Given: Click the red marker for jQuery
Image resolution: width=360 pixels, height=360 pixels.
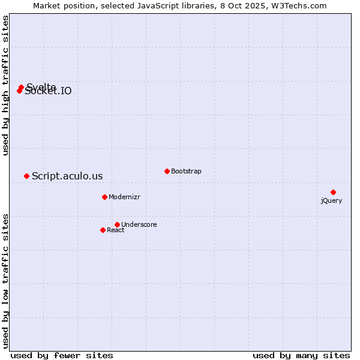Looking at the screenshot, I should [333, 192].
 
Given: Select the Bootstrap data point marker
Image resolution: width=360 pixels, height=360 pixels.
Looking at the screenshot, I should [167, 171].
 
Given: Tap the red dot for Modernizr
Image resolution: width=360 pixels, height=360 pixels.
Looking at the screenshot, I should [104, 197].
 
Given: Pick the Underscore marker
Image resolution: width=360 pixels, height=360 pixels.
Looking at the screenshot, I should [117, 224].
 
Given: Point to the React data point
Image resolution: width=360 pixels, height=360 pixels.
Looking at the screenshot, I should [103, 230].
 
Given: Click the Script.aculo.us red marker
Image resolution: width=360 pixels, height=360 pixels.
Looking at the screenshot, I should [26, 176].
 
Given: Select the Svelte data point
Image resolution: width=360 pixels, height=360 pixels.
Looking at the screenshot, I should [21, 88].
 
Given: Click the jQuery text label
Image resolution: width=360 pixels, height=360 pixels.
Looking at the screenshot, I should [331, 200].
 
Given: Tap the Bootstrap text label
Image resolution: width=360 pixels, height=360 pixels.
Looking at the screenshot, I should [186, 171].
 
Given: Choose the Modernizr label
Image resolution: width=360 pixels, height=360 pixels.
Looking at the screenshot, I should [124, 197].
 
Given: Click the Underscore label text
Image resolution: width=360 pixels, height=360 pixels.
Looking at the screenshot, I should [139, 224].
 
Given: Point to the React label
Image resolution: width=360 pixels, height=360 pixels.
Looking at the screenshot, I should [115, 230].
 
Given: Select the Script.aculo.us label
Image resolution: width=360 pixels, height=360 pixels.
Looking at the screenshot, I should [67, 176].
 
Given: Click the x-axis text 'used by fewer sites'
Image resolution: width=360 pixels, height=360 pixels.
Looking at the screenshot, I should [62, 355].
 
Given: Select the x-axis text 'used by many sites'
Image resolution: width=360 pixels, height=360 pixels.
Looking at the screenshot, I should [301, 355].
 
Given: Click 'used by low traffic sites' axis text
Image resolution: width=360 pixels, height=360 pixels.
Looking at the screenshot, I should [6, 280].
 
